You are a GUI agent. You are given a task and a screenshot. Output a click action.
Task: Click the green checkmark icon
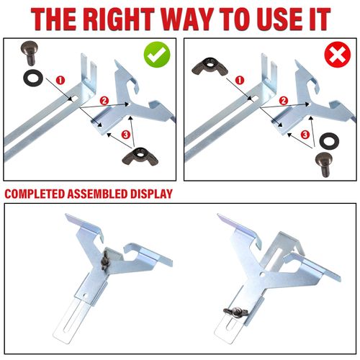(x=157, y=55)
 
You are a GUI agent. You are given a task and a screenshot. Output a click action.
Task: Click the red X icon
(x=338, y=55)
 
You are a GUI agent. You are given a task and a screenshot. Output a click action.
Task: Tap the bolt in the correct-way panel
(x=30, y=53)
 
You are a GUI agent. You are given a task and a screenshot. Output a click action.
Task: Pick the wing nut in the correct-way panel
(x=140, y=156)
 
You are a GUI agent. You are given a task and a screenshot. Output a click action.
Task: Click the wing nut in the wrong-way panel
(x=210, y=66)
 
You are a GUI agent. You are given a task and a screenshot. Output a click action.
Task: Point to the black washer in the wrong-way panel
(x=329, y=142)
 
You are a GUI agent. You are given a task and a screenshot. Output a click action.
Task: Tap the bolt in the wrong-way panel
(x=324, y=165)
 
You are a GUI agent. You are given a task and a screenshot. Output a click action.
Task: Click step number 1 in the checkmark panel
(x=60, y=80)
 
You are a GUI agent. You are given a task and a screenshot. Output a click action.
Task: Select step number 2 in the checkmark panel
(x=104, y=101)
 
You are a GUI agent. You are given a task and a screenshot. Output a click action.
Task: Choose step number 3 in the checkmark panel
(x=126, y=135)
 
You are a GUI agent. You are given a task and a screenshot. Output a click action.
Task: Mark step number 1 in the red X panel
(x=240, y=80)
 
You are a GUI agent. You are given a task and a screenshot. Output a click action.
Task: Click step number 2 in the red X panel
(x=284, y=101)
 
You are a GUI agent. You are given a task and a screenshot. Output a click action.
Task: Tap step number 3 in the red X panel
(x=305, y=135)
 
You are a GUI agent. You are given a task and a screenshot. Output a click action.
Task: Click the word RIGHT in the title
(x=120, y=19)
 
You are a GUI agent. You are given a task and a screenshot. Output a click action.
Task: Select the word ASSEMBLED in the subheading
(x=98, y=194)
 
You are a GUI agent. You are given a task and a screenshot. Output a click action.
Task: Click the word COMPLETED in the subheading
(x=35, y=194)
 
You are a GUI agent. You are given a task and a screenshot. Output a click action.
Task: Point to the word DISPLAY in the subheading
(x=151, y=194)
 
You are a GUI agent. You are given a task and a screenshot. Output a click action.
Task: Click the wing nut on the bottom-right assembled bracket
(x=235, y=312)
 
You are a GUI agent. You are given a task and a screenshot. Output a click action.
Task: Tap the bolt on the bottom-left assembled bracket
(x=105, y=260)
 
